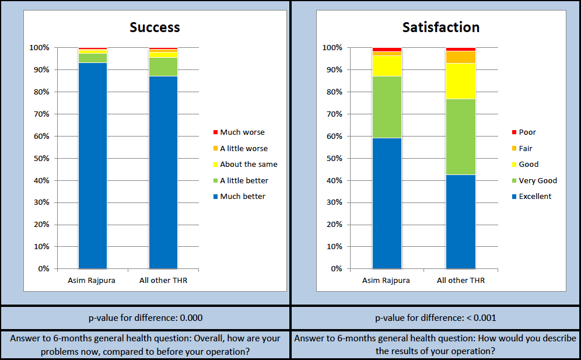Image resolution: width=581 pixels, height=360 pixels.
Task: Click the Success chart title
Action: coord(155,27)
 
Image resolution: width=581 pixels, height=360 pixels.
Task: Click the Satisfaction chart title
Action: coord(441,27)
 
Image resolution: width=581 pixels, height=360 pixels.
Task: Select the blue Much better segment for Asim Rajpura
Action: coord(93,166)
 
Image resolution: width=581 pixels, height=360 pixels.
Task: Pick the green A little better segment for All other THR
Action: coord(163,67)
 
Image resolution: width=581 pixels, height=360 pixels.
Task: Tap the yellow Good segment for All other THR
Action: coord(461,81)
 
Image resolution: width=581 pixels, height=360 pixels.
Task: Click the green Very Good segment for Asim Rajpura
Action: coord(387,107)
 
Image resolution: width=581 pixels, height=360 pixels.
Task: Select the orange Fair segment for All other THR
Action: coord(461,57)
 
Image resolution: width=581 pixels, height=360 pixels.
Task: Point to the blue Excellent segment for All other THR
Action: coord(461,222)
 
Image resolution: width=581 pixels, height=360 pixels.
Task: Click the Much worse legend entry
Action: coord(239,132)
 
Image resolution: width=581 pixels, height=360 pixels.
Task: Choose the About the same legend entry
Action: coord(246,164)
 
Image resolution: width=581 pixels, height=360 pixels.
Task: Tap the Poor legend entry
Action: coord(524,132)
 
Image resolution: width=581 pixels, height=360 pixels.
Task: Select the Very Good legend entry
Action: coord(534,180)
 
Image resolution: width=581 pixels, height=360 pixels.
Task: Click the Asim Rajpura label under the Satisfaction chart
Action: coord(386,280)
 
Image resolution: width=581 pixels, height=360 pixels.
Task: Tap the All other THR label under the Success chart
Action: coord(163,280)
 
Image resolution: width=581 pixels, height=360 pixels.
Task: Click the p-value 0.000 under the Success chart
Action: coord(191,318)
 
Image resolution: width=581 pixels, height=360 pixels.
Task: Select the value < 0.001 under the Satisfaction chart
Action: coord(481,318)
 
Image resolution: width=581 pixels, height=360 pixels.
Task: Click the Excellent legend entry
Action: coord(532,197)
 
